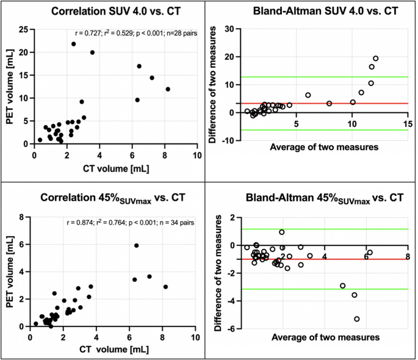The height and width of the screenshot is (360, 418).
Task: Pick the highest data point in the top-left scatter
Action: [73, 44]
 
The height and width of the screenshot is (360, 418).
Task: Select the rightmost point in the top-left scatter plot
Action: [168, 89]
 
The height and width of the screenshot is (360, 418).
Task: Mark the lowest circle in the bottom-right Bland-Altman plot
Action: [357, 319]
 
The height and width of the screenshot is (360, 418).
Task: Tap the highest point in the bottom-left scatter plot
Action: [137, 245]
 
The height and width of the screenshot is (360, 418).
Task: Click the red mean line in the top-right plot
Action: [317, 103]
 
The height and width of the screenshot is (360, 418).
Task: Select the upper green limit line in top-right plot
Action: [317, 77]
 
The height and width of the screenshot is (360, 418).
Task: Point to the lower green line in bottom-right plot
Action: [317, 289]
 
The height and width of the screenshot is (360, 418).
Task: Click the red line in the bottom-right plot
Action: [317, 259]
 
